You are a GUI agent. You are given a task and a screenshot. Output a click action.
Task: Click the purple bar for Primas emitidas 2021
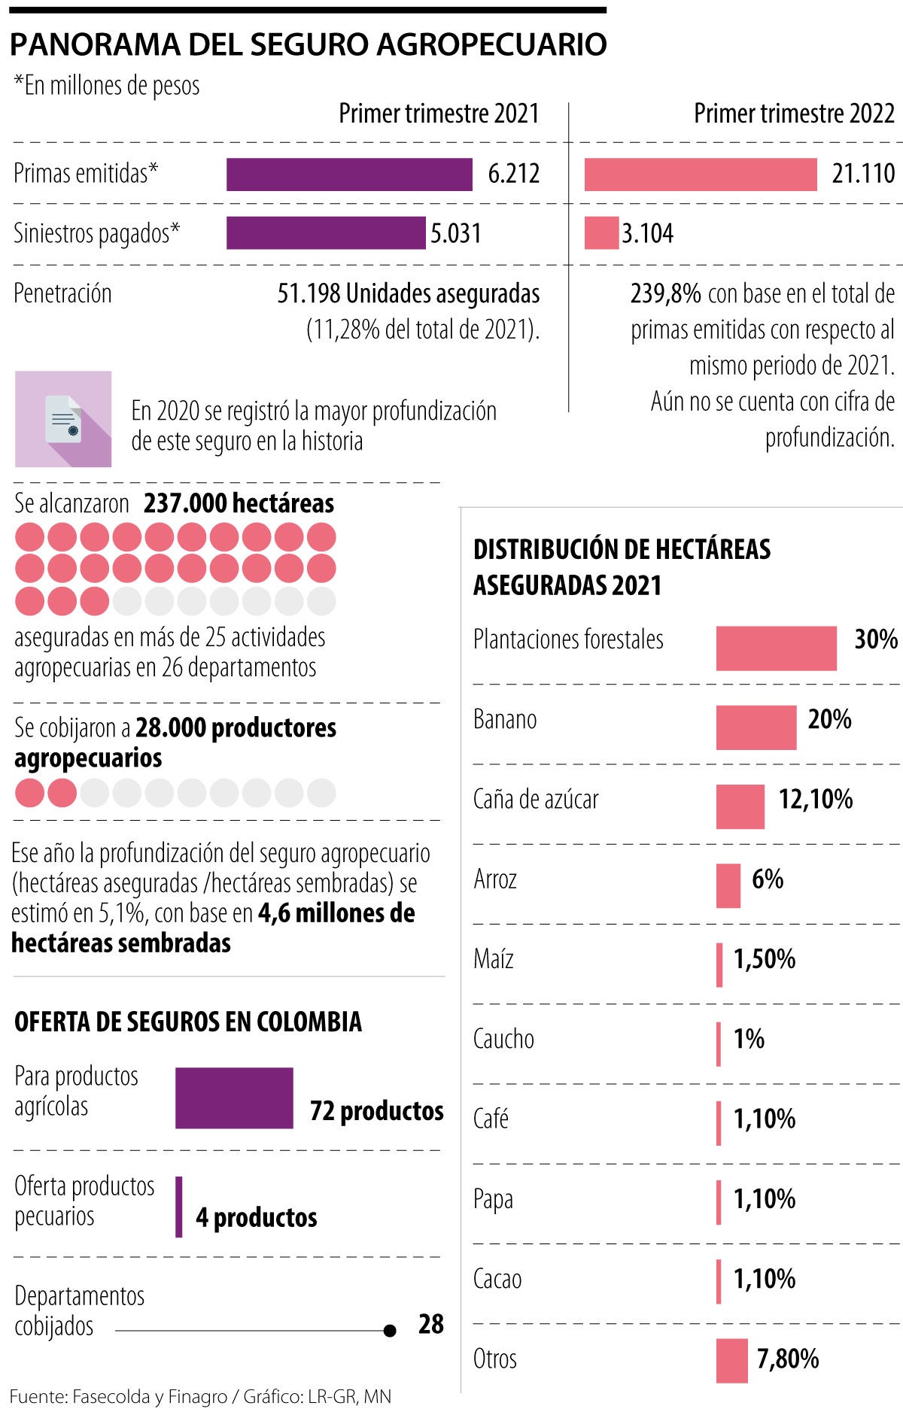click(349, 175)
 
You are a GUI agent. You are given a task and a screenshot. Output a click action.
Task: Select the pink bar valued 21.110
click(701, 175)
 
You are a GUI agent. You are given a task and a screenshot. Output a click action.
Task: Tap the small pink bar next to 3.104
click(600, 233)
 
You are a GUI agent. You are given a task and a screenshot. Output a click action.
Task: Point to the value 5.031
click(456, 233)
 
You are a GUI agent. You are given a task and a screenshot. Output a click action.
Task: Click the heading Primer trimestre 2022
click(794, 114)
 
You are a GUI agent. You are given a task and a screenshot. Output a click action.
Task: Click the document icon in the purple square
click(63, 419)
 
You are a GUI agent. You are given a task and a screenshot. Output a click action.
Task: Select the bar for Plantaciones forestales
click(776, 648)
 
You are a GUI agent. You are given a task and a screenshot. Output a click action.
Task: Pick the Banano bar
click(756, 727)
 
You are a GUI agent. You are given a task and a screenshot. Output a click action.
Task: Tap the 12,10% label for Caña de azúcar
click(816, 799)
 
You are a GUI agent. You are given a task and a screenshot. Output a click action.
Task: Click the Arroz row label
click(495, 879)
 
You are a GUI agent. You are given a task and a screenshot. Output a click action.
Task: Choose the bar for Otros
click(731, 1360)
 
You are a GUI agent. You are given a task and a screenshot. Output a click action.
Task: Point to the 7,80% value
click(788, 1359)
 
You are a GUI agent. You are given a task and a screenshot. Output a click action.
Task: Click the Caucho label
click(503, 1039)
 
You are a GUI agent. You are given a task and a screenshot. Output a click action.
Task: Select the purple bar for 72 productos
click(234, 1098)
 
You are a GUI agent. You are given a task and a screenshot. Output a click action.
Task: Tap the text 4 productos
click(257, 1217)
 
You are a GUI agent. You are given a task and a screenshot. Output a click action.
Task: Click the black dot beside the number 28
click(390, 1331)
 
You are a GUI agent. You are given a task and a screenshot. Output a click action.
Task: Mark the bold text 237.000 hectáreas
click(239, 503)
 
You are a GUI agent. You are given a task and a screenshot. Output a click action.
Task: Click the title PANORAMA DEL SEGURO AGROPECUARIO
click(309, 45)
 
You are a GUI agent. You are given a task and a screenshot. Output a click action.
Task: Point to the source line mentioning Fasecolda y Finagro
click(200, 1397)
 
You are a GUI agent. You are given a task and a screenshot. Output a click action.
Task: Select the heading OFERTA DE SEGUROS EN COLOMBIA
click(188, 1022)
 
